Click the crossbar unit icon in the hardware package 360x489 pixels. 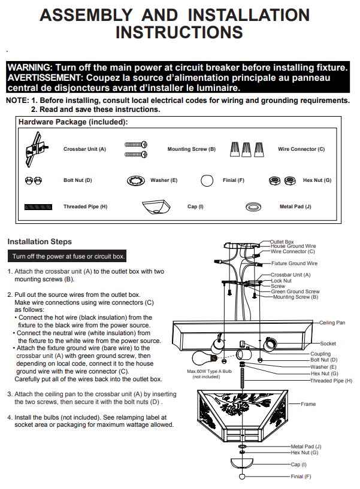pos(36,149)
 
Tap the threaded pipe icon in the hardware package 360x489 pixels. pos(38,206)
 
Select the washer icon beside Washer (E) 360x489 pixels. pos(136,181)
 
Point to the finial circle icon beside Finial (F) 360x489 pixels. pos(207,180)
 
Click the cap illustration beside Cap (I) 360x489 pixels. pos(156,206)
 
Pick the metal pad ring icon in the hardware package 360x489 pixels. pos(253,206)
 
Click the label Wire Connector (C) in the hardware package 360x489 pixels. pos(301,149)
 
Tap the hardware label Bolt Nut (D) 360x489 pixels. pos(78,180)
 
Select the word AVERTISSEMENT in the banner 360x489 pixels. pos(44,77)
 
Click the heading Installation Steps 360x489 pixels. pos(40,241)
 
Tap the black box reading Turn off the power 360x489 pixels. pos(67,256)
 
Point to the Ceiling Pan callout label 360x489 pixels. pos(332,323)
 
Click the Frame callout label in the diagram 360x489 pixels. pos(308,404)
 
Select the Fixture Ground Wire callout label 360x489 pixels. pos(294,263)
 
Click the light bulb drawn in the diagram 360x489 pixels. pos(205,357)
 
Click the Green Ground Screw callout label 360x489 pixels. pos(295,291)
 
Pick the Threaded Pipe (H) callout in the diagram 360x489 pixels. pos(331,381)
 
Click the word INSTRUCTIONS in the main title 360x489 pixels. pos(179,32)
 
